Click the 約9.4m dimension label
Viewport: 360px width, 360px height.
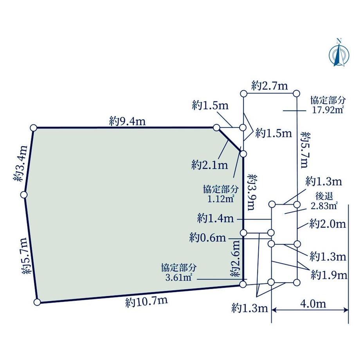(128, 122)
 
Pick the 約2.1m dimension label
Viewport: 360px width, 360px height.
(210, 165)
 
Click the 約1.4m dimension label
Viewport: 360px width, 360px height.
(216, 218)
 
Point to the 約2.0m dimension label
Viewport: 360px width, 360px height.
(328, 224)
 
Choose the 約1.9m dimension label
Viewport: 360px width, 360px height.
(329, 275)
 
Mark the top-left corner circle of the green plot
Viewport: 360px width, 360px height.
(33, 128)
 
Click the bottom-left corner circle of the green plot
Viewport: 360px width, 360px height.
(38, 302)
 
